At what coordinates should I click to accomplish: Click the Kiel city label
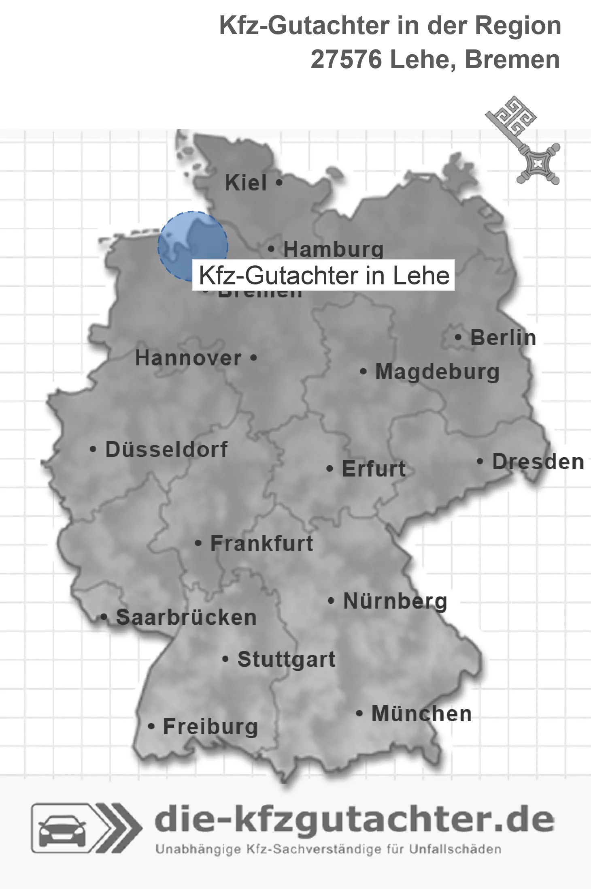click(x=246, y=183)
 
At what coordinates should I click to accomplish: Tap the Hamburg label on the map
click(x=333, y=249)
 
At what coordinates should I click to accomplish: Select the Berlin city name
click(x=503, y=338)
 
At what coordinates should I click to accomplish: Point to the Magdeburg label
click(x=437, y=372)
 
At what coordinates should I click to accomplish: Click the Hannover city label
click(x=188, y=358)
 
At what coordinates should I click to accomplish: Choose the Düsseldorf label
click(x=166, y=449)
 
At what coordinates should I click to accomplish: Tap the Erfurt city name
click(x=374, y=469)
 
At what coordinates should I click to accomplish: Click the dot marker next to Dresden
click(x=480, y=461)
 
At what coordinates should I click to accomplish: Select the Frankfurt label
click(x=262, y=543)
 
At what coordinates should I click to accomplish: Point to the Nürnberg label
click(x=395, y=601)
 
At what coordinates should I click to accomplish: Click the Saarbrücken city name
click(x=186, y=618)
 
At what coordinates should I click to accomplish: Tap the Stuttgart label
click(x=286, y=659)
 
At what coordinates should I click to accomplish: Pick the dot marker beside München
click(x=359, y=713)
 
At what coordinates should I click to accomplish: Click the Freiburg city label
click(x=210, y=727)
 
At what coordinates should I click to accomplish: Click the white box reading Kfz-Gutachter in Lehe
click(x=324, y=276)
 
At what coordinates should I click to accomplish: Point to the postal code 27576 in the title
click(x=346, y=60)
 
